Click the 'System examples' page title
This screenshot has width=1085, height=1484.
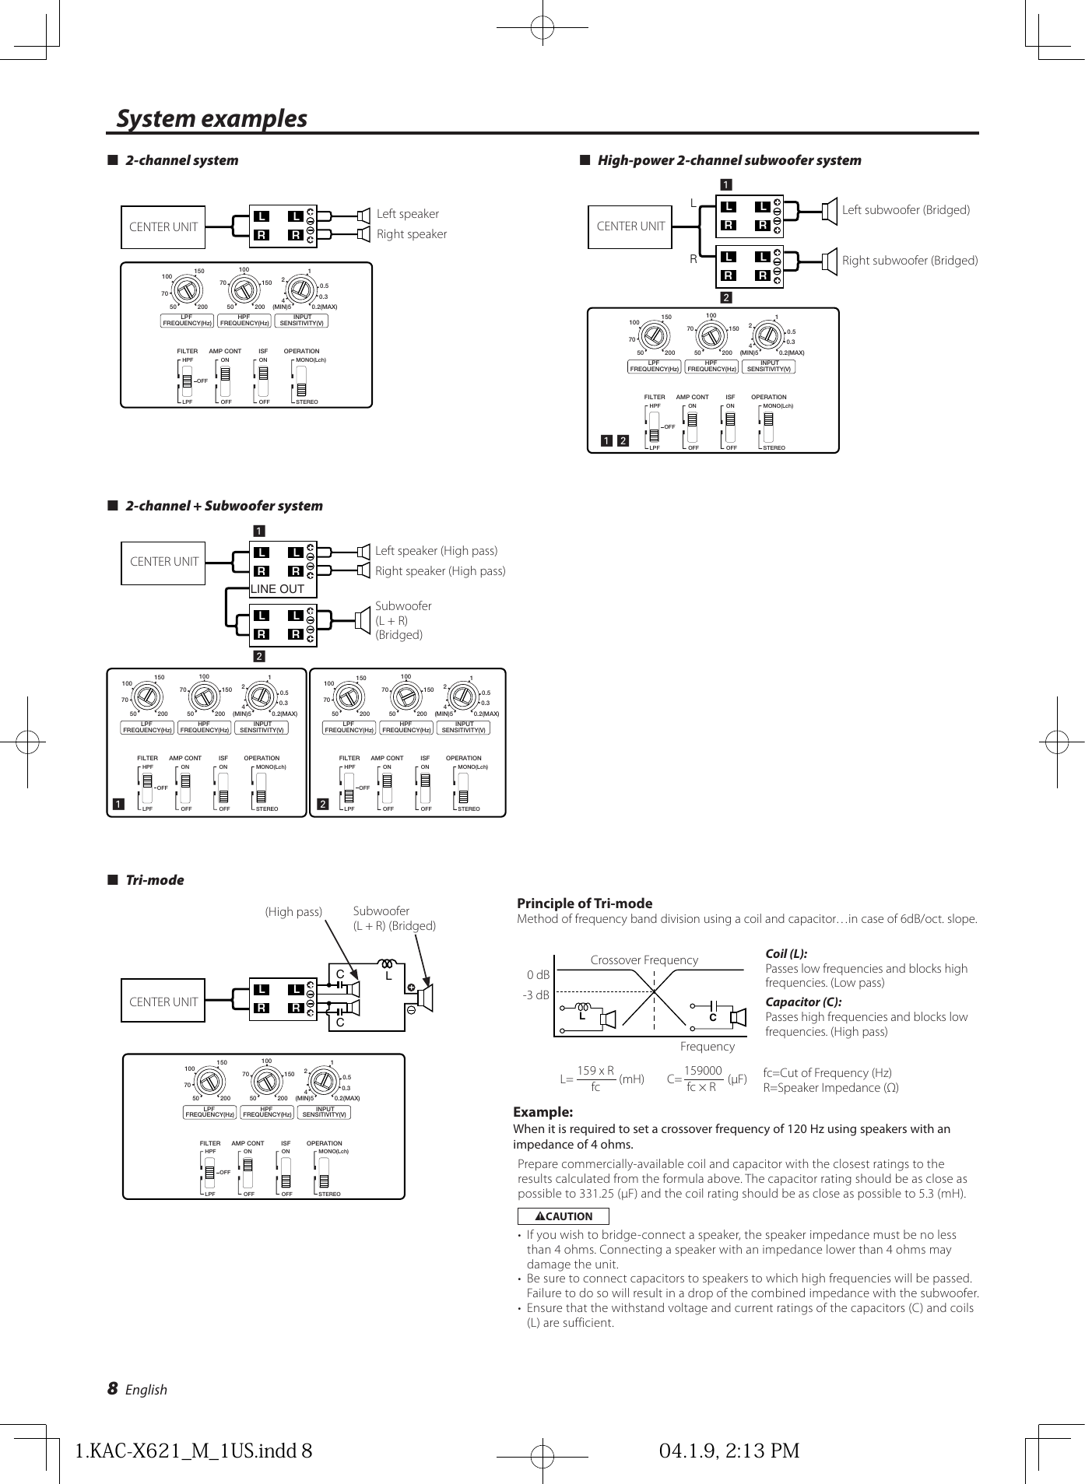(211, 118)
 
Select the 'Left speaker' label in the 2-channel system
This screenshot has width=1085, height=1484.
(407, 214)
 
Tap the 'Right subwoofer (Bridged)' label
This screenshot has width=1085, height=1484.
(909, 261)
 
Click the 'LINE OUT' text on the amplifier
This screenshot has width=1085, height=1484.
(277, 589)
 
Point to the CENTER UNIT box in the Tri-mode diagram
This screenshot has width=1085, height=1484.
(163, 1002)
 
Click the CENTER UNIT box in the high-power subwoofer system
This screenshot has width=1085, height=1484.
(630, 226)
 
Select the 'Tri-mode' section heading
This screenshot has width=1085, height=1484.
(154, 880)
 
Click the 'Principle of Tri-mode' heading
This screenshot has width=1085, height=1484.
(585, 903)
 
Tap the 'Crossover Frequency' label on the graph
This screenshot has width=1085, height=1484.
(644, 960)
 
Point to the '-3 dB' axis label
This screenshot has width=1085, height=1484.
(535, 995)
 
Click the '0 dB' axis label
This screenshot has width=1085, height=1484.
(538, 975)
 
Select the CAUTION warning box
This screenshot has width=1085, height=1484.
(563, 1216)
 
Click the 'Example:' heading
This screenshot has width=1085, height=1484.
(542, 1112)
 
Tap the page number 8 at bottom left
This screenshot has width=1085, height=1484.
(112, 1389)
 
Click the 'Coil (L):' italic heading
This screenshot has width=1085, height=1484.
(786, 953)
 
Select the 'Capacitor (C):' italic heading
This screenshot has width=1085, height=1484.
(803, 1002)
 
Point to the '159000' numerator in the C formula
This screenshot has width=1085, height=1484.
(702, 1071)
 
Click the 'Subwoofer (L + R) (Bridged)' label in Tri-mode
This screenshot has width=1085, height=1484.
(394, 918)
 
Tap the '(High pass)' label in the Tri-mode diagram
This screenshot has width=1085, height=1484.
(293, 912)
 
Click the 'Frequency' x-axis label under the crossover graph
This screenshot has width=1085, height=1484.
(707, 1047)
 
